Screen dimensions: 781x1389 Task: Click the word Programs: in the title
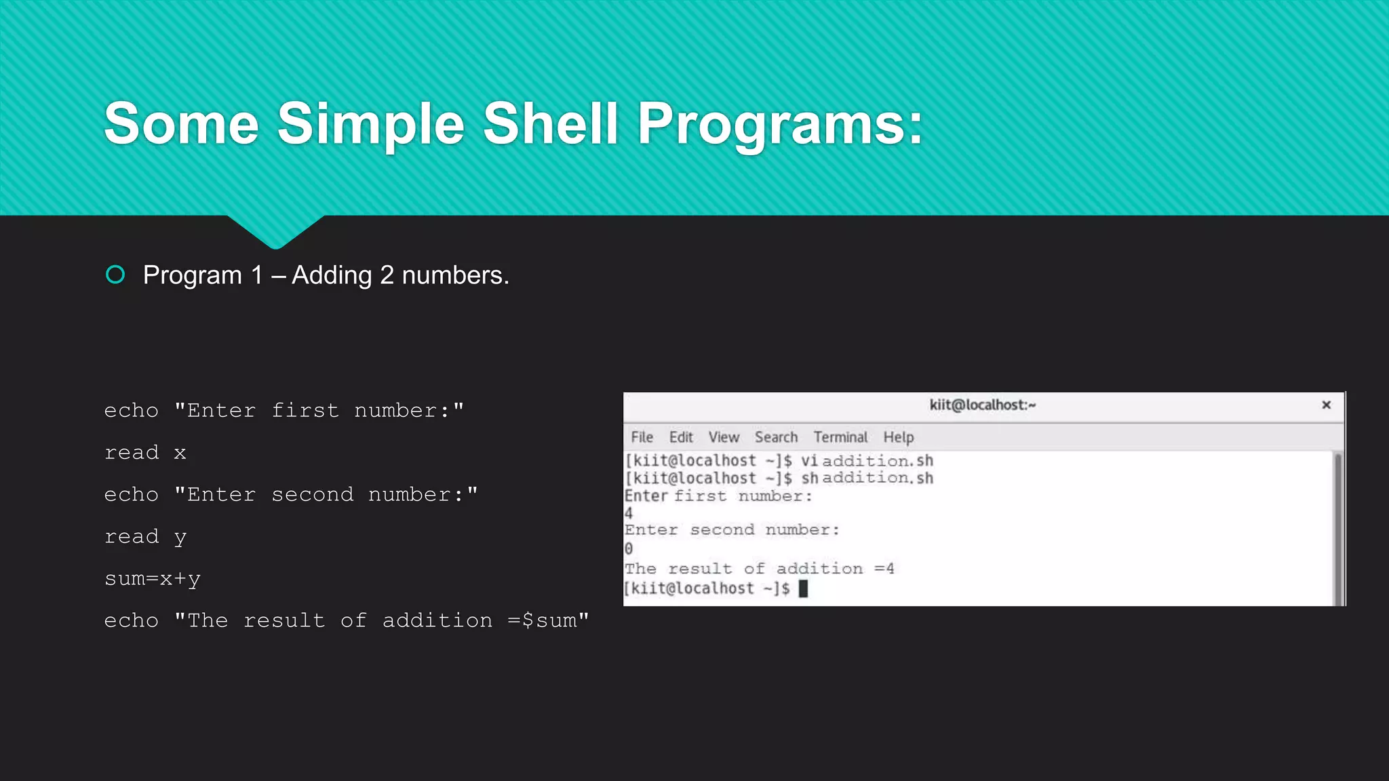coord(780,125)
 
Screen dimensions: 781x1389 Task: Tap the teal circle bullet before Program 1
coord(115,275)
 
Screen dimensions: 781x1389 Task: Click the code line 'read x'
coord(145,452)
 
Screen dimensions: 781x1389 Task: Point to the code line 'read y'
coord(145,537)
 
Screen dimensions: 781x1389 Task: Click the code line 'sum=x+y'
coord(153,579)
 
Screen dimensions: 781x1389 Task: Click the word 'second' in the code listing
coord(313,495)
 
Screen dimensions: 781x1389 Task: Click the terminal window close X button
coord(1327,405)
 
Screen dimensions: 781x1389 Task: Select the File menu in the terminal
coord(642,437)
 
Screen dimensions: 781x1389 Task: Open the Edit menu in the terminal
coord(681,437)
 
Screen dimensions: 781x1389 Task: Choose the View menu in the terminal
coord(724,437)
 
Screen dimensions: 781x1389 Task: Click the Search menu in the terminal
coord(776,437)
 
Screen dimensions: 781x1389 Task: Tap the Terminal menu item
coord(840,437)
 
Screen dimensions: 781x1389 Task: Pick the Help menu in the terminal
coord(898,437)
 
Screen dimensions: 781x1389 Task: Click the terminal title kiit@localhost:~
coord(982,405)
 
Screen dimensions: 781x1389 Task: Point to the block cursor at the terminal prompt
coord(803,588)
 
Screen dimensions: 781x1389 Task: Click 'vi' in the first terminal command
coord(809,461)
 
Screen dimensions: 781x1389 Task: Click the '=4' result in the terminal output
coord(884,569)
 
